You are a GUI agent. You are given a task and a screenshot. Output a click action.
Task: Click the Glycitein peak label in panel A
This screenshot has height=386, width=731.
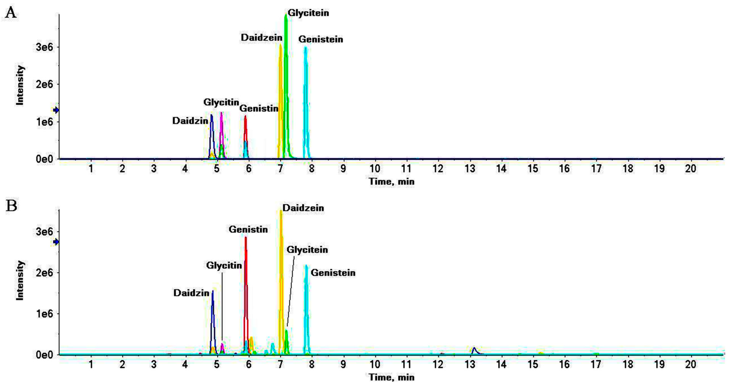coord(308,13)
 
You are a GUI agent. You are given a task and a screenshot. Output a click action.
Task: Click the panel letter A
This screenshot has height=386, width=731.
coord(11,13)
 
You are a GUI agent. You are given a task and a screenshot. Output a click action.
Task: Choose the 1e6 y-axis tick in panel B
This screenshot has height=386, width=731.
coord(45,314)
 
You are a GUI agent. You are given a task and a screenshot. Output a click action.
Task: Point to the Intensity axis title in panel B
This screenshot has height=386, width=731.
coord(20,281)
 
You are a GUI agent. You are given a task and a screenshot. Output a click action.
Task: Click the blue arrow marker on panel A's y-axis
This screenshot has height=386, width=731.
coord(56,110)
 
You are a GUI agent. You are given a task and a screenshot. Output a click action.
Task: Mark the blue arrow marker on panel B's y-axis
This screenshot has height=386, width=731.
coord(56,242)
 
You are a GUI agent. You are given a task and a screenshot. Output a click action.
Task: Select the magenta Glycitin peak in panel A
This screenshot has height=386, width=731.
coord(221,128)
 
